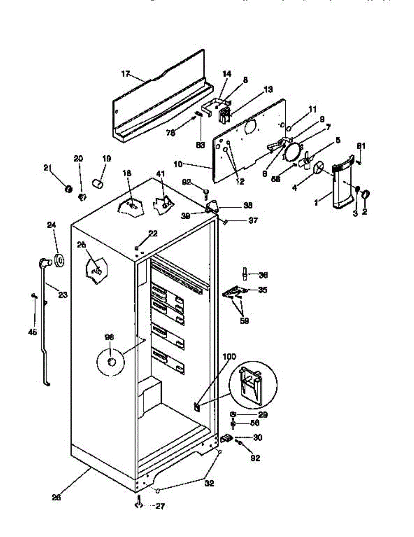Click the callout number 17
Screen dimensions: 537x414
126,73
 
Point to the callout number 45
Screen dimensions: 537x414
33,332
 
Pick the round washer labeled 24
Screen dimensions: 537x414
59,260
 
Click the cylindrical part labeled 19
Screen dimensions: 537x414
98,183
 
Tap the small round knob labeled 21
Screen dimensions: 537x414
68,189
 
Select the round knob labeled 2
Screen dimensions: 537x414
365,194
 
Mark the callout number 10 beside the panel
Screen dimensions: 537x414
178,164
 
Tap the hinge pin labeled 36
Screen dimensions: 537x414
245,272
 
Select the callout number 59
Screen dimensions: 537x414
244,320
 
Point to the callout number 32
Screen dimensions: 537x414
209,483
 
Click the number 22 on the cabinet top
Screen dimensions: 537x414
153,233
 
